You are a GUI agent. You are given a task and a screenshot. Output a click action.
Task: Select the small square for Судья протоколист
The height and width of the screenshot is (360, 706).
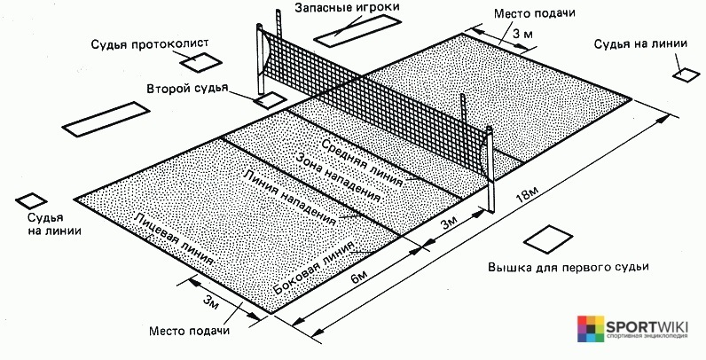click(200, 62)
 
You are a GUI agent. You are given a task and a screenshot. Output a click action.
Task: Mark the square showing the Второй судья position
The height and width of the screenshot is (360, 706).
click(266, 99)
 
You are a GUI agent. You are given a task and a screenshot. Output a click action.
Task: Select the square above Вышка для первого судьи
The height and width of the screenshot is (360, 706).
click(547, 239)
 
